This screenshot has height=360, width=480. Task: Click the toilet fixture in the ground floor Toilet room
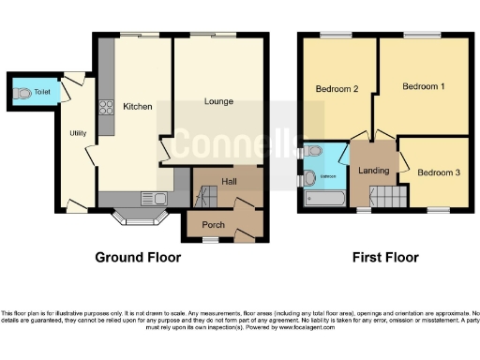[23, 93]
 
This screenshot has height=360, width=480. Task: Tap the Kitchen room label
[137, 107]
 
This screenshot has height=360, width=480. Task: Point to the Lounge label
[218, 100]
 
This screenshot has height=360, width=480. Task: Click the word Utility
[78, 133]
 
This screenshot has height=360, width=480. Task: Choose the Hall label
[229, 181]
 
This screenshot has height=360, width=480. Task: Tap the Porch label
[213, 223]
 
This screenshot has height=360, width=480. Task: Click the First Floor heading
[385, 257]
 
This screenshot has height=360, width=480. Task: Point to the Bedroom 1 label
[423, 86]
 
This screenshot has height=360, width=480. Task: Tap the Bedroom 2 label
[337, 89]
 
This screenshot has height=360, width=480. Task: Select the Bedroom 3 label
[439, 172]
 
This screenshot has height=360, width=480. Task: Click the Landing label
[373, 170]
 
